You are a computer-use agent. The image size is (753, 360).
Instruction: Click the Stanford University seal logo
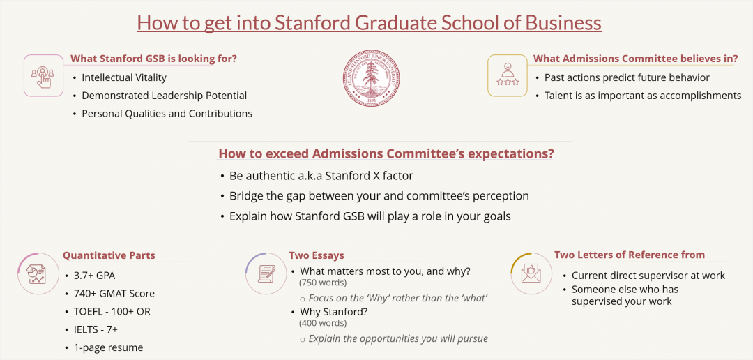(x=372, y=77)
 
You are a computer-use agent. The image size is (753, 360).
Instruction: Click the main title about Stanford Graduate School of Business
(x=369, y=22)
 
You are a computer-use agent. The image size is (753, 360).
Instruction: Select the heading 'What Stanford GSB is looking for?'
(x=153, y=59)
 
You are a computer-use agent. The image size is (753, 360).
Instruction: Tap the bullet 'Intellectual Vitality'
(x=124, y=77)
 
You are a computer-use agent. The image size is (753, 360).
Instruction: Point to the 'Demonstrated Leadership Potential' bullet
(x=164, y=96)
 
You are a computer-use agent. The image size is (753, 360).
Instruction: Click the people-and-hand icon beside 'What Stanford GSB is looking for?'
(x=43, y=75)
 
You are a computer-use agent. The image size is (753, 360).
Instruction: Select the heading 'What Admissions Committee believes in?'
(x=635, y=59)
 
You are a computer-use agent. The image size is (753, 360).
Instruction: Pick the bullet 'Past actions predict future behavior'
(x=627, y=77)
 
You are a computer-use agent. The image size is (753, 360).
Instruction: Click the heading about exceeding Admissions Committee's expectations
(x=386, y=153)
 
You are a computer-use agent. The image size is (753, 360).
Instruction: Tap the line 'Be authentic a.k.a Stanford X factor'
(x=321, y=176)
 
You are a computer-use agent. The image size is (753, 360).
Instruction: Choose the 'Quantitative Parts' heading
(x=109, y=255)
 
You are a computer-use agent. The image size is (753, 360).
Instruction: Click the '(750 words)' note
(x=323, y=283)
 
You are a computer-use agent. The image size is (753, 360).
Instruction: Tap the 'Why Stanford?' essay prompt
(x=333, y=312)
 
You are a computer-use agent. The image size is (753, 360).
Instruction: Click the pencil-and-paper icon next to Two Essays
(x=266, y=273)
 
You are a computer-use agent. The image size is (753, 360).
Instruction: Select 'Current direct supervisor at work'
(x=648, y=276)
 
